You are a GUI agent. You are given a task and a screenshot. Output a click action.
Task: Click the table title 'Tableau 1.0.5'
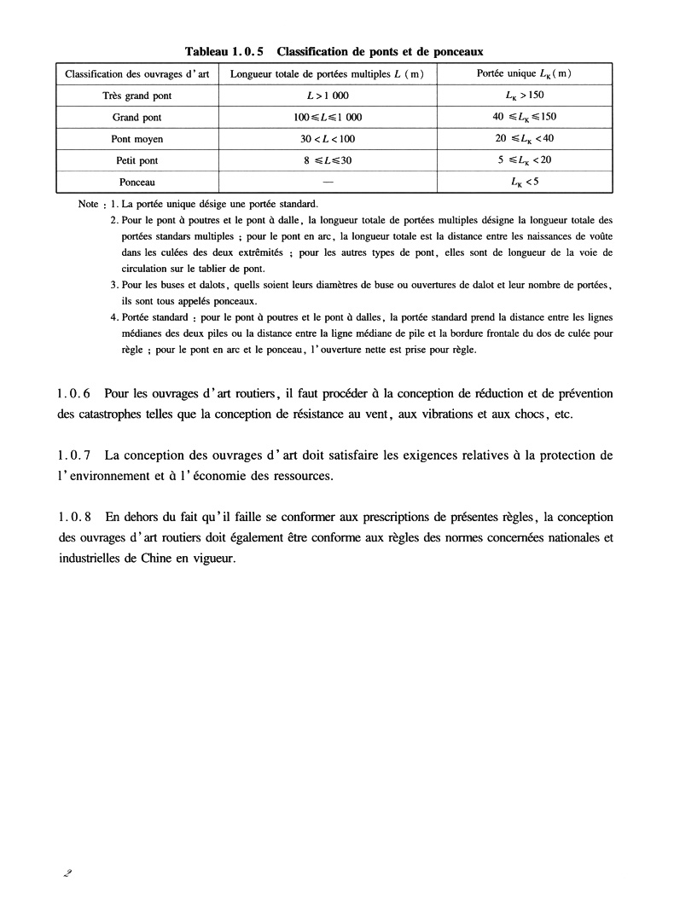pos(229,51)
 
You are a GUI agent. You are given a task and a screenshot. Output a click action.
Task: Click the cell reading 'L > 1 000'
pos(328,96)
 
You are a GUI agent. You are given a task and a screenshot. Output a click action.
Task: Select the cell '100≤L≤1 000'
pos(328,117)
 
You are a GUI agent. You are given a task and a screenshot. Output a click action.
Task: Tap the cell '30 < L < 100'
pos(328,138)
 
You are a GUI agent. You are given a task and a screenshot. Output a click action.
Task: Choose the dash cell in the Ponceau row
pos(328,181)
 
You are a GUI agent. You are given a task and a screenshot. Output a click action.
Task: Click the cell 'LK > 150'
pos(524,95)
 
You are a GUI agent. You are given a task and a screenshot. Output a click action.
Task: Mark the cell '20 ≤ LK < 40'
pos(524,138)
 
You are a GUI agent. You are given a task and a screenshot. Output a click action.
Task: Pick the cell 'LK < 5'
pos(524,181)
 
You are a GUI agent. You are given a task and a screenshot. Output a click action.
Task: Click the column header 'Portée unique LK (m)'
pos(524,73)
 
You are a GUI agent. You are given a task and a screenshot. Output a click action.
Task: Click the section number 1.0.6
pos(73,393)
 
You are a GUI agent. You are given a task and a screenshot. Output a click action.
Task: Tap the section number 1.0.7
pos(73,455)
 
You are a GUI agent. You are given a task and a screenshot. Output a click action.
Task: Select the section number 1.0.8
pos(73,518)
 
